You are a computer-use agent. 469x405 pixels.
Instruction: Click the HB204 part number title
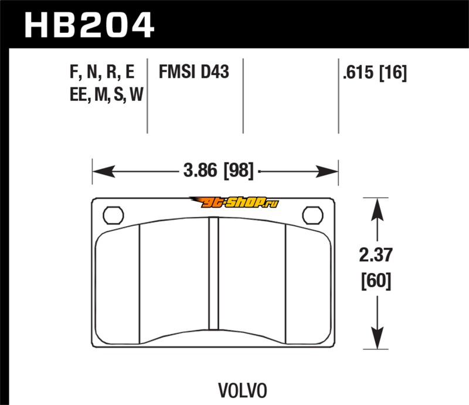tap(89, 25)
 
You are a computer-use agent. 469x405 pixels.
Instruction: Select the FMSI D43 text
tap(194, 72)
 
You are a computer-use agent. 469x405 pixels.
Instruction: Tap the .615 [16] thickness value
tap(375, 73)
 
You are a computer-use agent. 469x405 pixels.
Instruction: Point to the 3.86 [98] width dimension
tap(218, 171)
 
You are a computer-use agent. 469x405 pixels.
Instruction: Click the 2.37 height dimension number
tap(376, 255)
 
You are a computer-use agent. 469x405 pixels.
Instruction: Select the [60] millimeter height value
tap(376, 281)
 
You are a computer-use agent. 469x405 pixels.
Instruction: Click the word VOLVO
tap(243, 391)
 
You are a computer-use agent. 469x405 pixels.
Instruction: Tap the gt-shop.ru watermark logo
tap(234, 203)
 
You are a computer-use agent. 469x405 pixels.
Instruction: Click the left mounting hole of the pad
tap(113, 215)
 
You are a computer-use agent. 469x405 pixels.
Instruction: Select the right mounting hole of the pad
tap(312, 215)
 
